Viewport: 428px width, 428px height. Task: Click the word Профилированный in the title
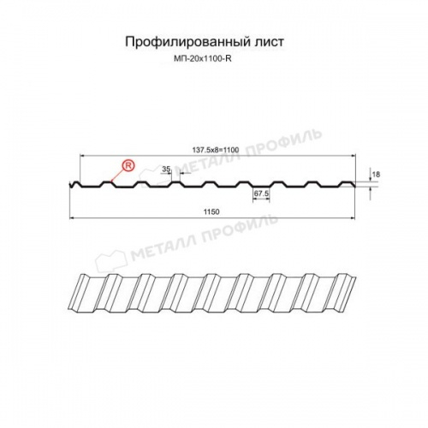177,41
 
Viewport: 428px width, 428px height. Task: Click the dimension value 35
165,169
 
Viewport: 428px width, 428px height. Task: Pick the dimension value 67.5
261,194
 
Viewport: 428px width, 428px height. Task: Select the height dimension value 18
374,174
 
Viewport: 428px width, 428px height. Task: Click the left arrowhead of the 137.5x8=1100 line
81,156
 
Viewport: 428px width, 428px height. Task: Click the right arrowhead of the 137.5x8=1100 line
356,156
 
